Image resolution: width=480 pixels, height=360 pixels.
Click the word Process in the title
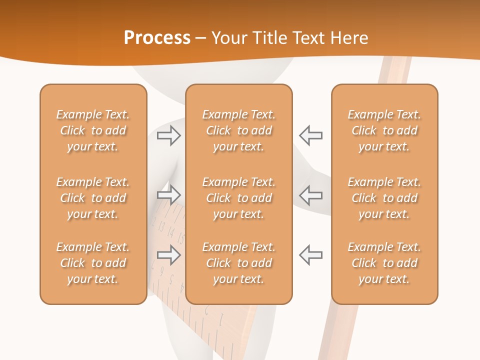157,38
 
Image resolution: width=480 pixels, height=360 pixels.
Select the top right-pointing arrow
168,135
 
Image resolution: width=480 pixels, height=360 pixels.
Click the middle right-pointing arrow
168,194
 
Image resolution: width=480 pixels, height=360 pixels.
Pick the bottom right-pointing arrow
168,255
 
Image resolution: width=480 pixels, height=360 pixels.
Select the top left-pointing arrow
311,135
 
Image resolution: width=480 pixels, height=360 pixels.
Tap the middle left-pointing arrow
311,194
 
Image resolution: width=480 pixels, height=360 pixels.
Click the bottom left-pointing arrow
311,255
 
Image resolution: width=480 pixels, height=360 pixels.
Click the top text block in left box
93,130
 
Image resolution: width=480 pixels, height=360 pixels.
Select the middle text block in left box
93,198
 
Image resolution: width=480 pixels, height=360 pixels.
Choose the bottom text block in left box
93,263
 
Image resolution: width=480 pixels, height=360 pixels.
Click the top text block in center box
238,130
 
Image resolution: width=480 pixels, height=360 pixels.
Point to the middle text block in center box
238,198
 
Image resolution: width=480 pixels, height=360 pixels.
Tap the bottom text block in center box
238,263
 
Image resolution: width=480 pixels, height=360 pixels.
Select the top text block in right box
384,130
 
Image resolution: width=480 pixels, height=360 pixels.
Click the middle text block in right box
384,198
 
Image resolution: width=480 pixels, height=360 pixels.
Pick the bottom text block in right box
384,263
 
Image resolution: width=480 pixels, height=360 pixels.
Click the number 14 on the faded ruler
171,231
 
